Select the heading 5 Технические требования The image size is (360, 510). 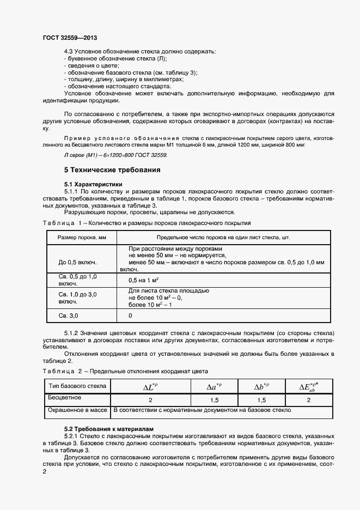[x=112, y=170]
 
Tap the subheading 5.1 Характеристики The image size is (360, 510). [x=93, y=184]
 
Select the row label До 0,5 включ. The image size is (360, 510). [x=77, y=262]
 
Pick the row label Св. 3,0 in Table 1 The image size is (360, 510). [x=69, y=315]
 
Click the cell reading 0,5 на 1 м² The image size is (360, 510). [x=143, y=280]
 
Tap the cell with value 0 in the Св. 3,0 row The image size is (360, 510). [x=130, y=315]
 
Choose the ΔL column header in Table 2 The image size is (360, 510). [x=150, y=386]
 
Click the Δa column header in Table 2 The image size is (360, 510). [x=214, y=386]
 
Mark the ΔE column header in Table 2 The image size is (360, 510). [x=308, y=387]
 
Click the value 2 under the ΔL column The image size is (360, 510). [x=150, y=400]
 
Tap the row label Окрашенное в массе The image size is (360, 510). [x=76, y=410]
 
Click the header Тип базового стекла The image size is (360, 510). [x=77, y=386]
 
